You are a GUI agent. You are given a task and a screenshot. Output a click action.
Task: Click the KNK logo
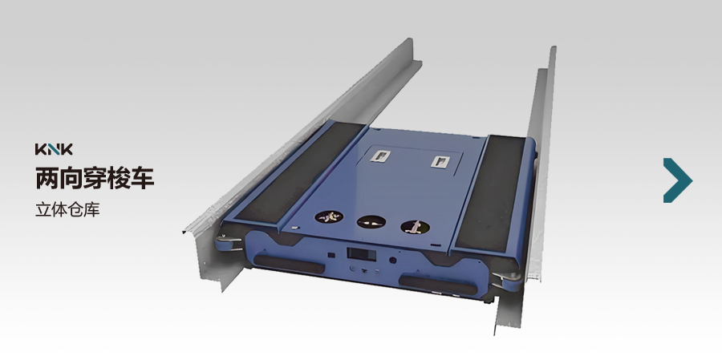click(x=54, y=149)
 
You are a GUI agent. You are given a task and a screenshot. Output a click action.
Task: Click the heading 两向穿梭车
click(x=95, y=179)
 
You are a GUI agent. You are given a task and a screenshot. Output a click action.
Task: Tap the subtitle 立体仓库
click(x=67, y=209)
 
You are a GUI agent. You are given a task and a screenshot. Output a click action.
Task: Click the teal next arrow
click(x=677, y=180)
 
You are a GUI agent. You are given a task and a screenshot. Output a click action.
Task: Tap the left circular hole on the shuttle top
click(x=329, y=216)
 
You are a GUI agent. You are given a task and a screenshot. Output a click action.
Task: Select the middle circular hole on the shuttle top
click(x=371, y=222)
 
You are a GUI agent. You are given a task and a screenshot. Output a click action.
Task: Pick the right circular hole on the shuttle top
click(x=416, y=226)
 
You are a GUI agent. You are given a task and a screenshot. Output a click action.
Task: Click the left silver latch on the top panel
click(x=380, y=156)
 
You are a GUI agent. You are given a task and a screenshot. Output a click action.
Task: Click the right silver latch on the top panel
click(x=440, y=161)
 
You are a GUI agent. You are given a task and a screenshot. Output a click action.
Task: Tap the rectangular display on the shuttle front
click(x=362, y=254)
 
